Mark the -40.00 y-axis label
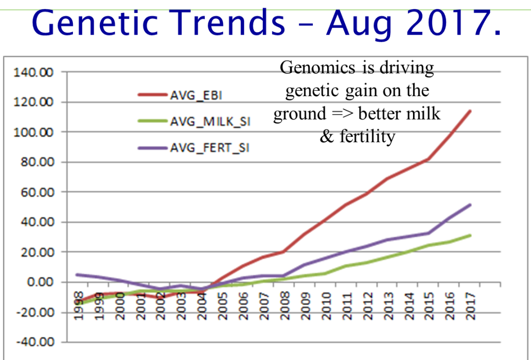pyautogui.click(x=36, y=343)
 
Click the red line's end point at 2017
pyautogui.click(x=470, y=111)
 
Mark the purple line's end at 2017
pyautogui.click(x=470, y=204)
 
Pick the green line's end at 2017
pyautogui.click(x=470, y=235)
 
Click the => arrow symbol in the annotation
pyautogui.click(x=342, y=114)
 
